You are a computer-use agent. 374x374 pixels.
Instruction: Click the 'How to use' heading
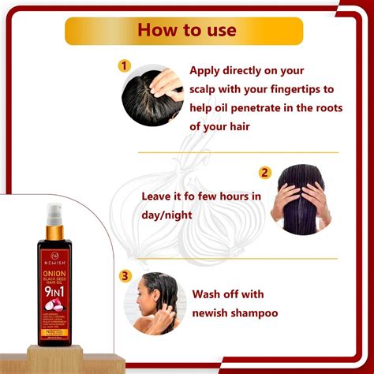tap(186, 31)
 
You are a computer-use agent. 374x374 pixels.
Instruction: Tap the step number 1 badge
tap(123, 66)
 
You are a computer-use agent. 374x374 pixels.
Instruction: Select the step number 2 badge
tap(265, 172)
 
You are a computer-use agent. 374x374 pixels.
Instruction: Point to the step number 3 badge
tap(125, 275)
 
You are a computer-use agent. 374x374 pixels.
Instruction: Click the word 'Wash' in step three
tap(208, 294)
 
